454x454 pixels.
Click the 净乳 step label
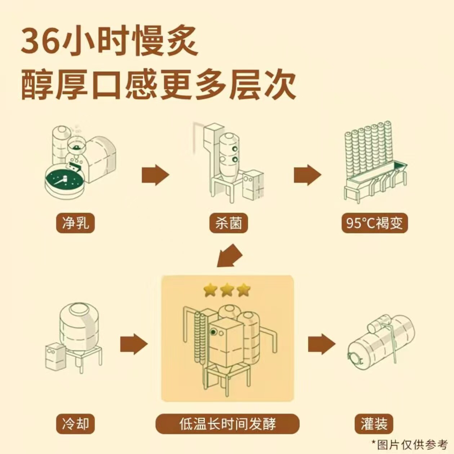75,223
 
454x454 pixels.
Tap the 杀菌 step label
228,223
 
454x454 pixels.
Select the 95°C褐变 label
374,223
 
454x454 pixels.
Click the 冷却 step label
75,424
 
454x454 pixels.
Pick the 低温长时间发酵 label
227,424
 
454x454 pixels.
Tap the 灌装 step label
374,424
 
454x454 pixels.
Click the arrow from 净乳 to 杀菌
155,175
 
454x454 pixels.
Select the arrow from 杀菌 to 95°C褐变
307,175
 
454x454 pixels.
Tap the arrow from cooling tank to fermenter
134,344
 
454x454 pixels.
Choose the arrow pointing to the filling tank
321,344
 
